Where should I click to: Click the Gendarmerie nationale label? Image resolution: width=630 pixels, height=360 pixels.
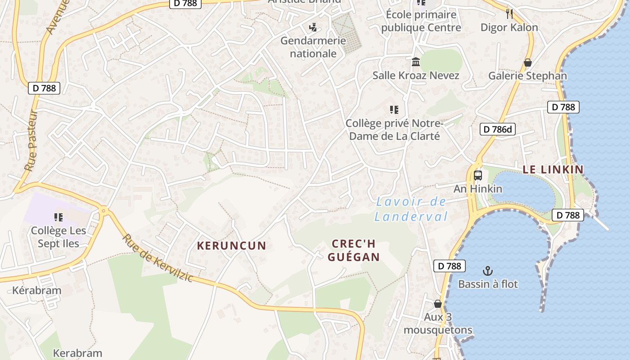tap(313, 47)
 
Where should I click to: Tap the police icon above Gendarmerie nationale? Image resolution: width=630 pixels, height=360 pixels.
tap(313, 27)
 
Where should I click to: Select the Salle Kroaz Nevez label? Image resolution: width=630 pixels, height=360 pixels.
tap(416, 75)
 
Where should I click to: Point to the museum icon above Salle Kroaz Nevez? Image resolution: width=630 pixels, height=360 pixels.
tap(416, 62)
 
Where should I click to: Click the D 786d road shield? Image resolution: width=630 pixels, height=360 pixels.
tap(497, 130)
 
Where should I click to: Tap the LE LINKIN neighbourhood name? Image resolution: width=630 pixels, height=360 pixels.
tap(553, 170)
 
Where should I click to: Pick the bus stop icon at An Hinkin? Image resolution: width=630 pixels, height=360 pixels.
tap(478, 175)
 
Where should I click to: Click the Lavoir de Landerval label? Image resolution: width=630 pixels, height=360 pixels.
tap(411, 209)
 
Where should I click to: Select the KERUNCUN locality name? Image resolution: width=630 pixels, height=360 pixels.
tap(232, 246)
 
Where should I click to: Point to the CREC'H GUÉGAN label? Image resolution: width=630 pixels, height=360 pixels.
tap(353, 250)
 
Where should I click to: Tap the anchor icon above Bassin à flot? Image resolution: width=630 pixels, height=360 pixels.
tap(488, 271)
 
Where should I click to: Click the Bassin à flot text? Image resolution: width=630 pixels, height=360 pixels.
tap(488, 284)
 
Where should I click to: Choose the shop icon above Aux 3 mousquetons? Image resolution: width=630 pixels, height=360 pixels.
tap(437, 304)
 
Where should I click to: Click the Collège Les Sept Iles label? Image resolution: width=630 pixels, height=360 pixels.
tap(58, 237)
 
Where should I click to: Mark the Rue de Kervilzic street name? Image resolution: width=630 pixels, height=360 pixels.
tap(158, 258)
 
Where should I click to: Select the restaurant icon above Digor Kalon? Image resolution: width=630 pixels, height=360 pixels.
tap(509, 14)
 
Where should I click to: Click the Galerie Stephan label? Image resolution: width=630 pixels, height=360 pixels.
tap(527, 76)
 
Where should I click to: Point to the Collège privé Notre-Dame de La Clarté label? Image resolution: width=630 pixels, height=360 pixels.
tap(394, 129)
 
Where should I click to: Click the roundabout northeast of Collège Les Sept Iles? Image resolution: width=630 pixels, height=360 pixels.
tap(104, 210)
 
